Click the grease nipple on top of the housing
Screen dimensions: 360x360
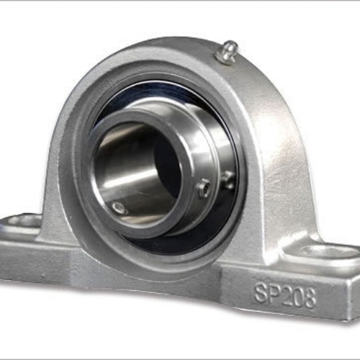[228, 53]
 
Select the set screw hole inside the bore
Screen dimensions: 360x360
[119, 207]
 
